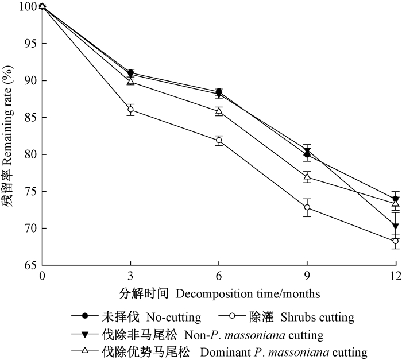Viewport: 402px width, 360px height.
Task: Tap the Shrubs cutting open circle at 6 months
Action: tap(219, 140)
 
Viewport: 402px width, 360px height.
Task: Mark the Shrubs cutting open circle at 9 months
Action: tap(307, 207)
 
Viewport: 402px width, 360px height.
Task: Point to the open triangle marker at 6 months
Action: tap(219, 111)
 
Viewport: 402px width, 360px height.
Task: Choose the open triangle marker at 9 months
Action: tap(307, 177)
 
